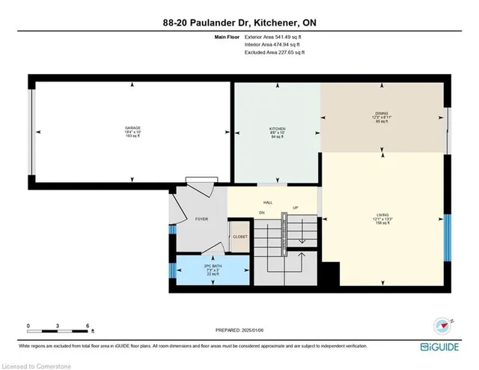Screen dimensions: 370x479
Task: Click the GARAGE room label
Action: point(132,128)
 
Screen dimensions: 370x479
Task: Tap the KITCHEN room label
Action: point(278,129)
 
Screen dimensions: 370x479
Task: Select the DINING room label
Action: point(382,114)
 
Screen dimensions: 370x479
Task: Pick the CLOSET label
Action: point(239,237)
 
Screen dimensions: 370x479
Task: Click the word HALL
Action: point(267,202)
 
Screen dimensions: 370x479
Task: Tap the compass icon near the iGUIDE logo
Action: point(441,325)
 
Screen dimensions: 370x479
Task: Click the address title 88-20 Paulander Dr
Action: point(239,22)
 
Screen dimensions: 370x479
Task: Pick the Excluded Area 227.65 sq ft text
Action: point(275,52)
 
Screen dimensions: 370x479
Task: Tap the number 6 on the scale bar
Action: point(88,327)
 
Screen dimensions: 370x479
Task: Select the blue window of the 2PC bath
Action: point(171,269)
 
